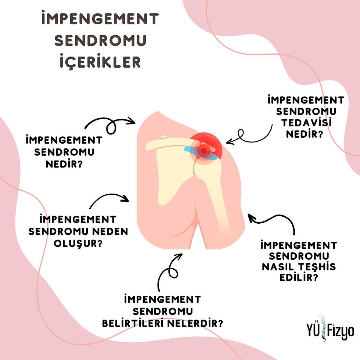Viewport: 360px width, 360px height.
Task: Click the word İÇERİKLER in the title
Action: (x=100, y=62)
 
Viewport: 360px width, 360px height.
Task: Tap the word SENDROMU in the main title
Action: (x=100, y=40)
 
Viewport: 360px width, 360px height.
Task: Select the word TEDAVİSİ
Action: (x=306, y=122)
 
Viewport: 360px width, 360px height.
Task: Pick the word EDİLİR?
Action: (x=298, y=277)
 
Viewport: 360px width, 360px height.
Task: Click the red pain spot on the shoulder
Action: (x=204, y=150)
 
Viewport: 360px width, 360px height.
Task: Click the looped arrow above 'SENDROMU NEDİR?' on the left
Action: (x=110, y=125)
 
